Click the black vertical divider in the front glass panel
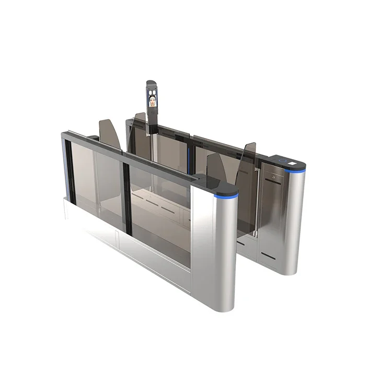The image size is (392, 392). coord(126,199)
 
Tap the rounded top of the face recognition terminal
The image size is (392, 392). coord(151,83)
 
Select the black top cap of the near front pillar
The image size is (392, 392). coord(214,183)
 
